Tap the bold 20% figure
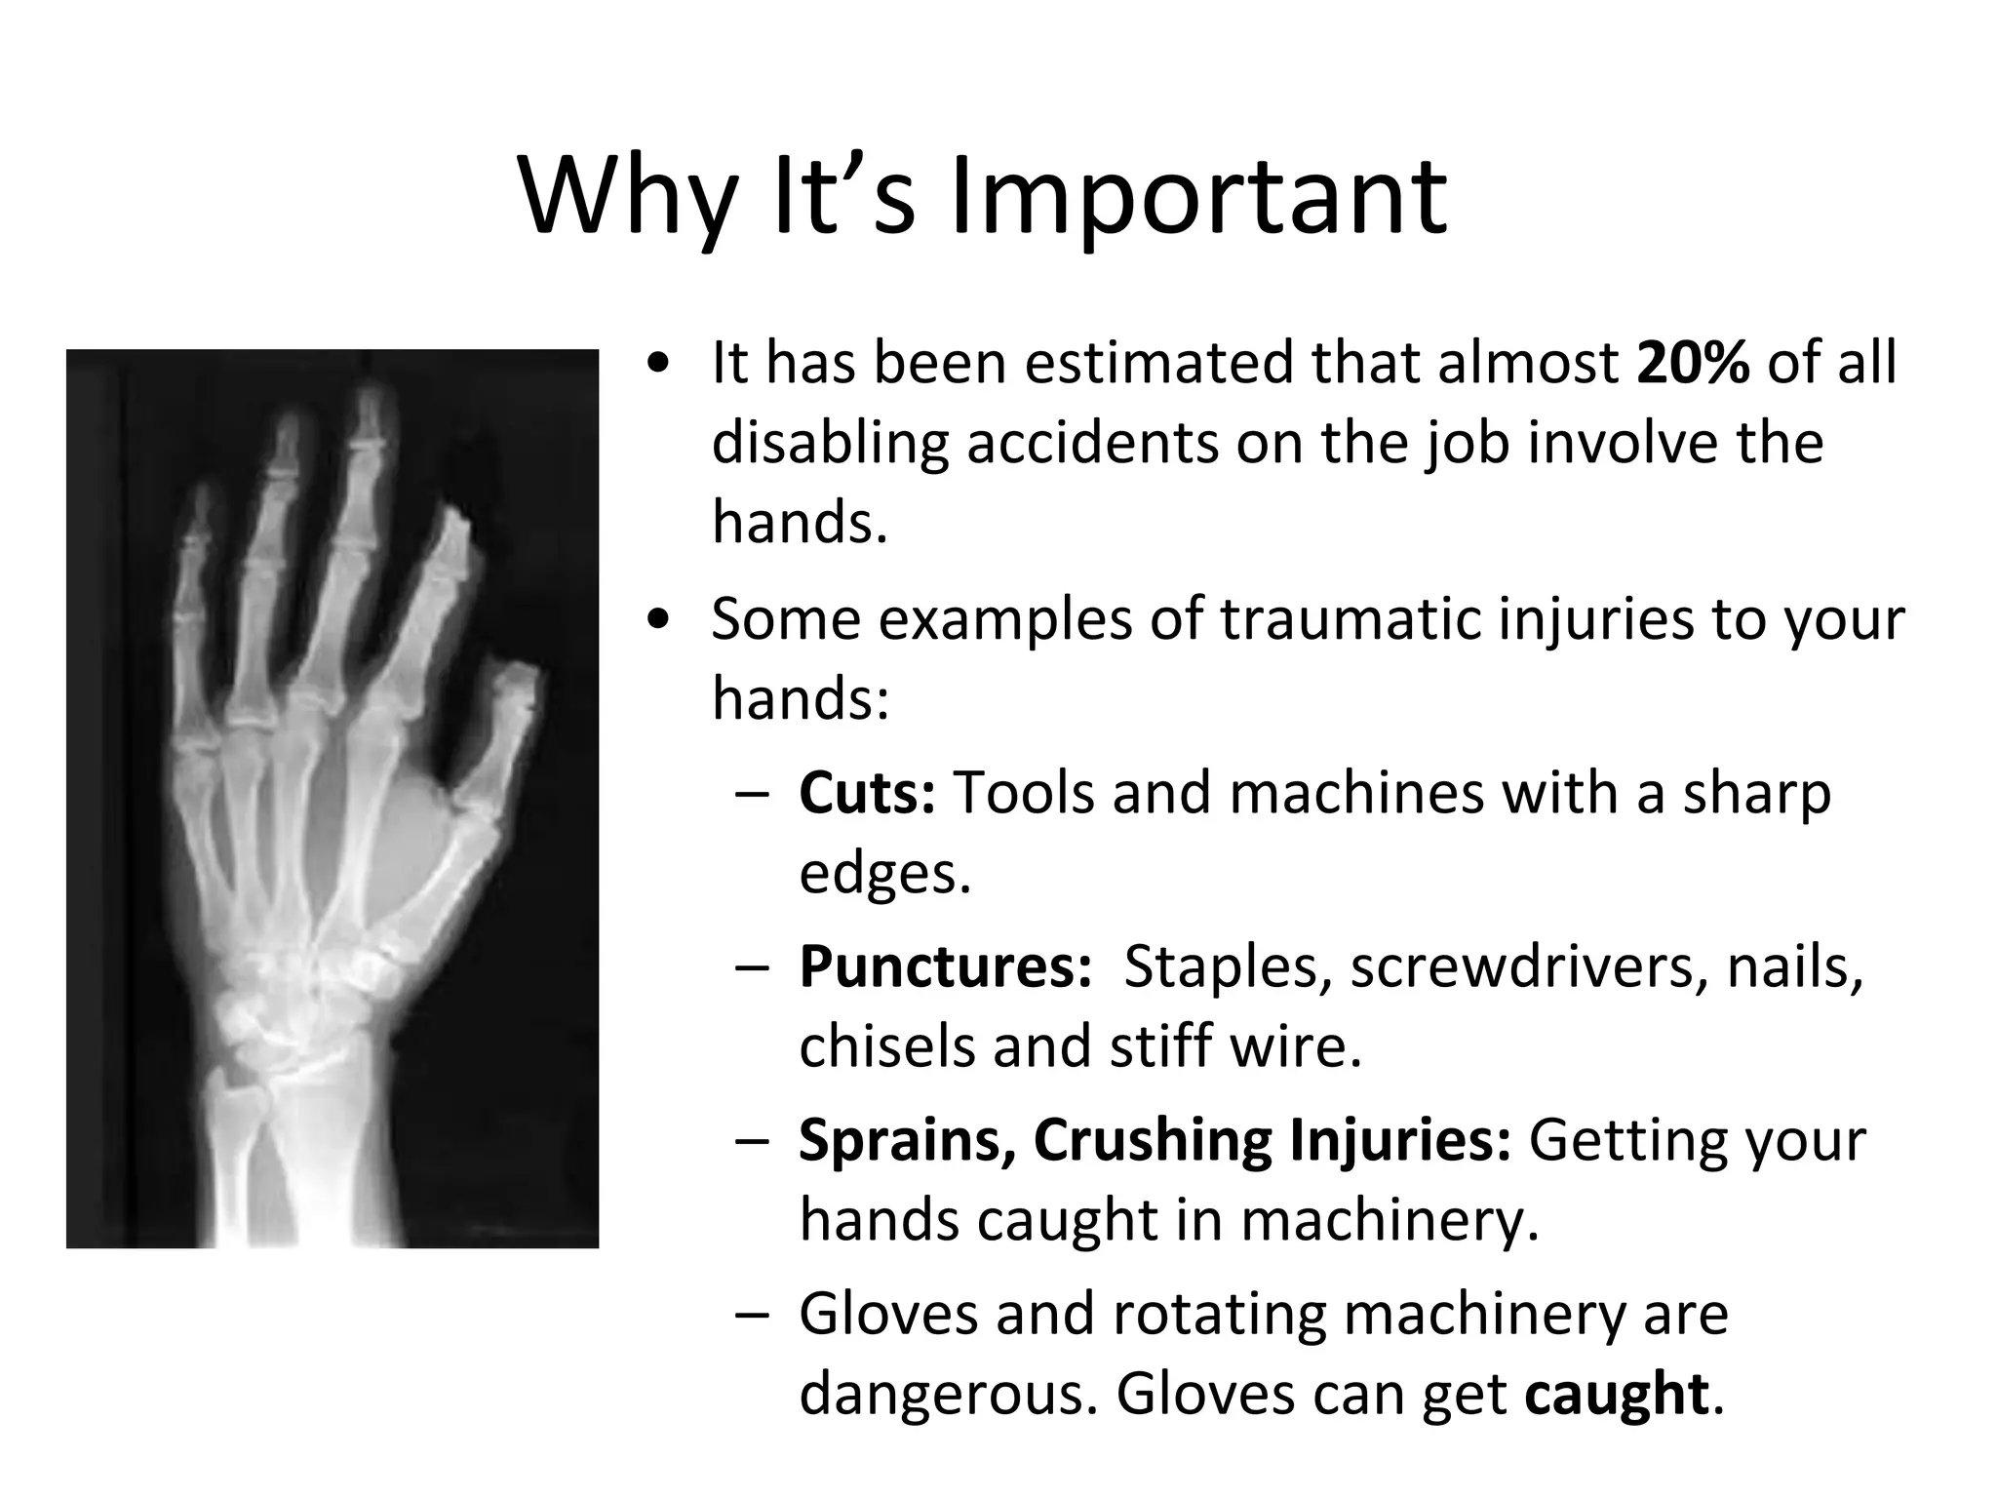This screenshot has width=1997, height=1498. (x=1694, y=363)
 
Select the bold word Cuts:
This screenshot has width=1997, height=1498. (x=867, y=792)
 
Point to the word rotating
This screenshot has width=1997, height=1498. (x=1219, y=1314)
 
